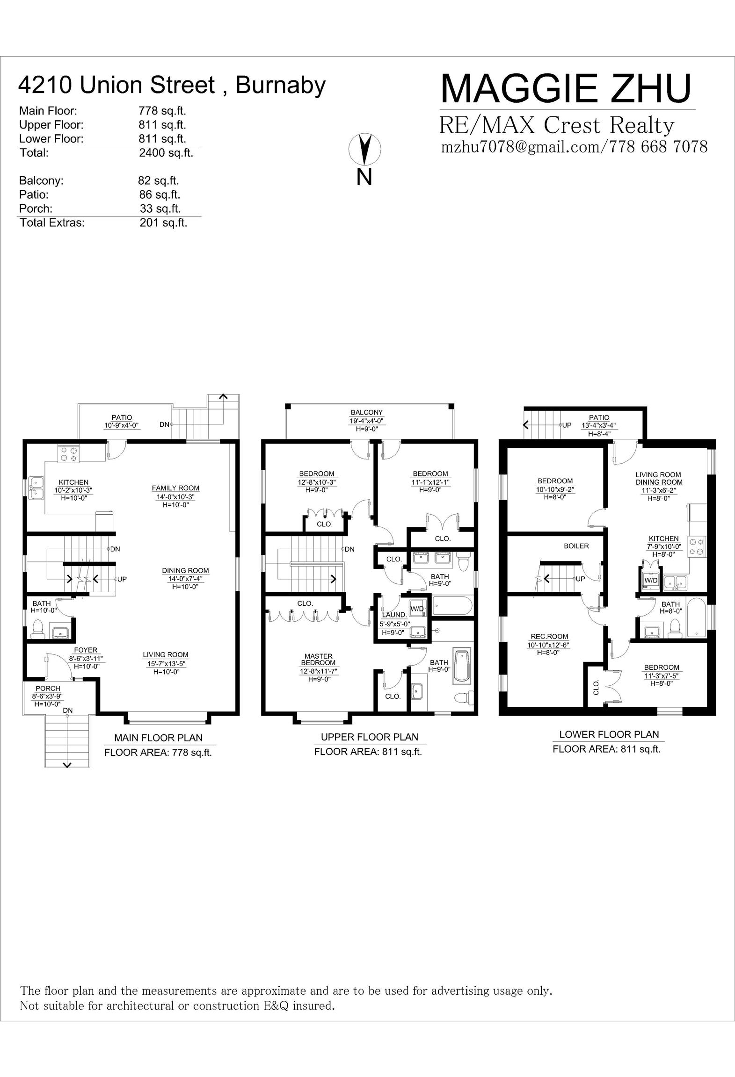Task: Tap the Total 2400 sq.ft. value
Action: click(166, 153)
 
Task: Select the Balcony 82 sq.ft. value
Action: click(158, 180)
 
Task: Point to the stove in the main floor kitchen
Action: click(69, 454)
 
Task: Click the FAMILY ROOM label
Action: click(175, 488)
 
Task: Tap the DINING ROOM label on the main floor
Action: click(185, 571)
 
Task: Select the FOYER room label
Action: click(86, 650)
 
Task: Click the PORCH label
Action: click(48, 689)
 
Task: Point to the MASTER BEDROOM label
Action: click(318, 660)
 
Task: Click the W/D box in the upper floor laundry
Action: click(417, 609)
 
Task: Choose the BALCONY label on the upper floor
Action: click(367, 412)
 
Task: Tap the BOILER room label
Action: click(576, 546)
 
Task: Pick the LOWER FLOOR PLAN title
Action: click(609, 734)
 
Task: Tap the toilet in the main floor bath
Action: click(37, 629)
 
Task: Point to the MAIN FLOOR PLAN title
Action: click(159, 738)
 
